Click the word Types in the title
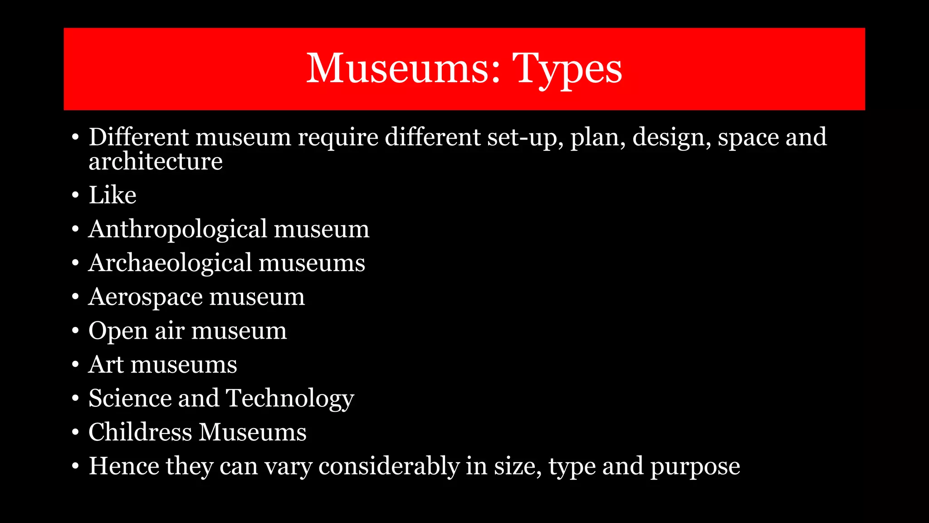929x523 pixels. (567, 69)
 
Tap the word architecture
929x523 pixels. (156, 161)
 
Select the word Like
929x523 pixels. (112, 195)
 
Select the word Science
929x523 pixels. (130, 398)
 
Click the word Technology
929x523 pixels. (289, 399)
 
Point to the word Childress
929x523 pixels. (140, 432)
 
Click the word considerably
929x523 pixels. (389, 466)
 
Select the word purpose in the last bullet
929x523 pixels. (695, 467)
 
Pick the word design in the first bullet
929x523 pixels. (669, 137)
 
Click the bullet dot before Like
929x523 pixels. (75, 195)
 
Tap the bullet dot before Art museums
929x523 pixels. (75, 365)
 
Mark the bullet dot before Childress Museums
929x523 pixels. (75, 432)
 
